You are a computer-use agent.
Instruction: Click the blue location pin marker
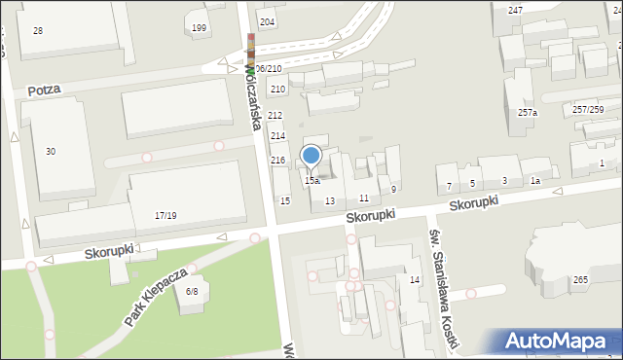click(311, 155)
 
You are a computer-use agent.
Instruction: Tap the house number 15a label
click(311, 181)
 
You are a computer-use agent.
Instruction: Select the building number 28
click(38, 31)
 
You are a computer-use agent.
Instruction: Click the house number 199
click(200, 27)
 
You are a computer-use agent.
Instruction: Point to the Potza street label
click(44, 90)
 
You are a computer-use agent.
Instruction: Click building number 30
click(51, 151)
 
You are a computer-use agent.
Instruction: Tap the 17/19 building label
click(165, 215)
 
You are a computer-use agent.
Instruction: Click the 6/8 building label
click(192, 291)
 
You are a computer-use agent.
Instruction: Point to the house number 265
click(581, 280)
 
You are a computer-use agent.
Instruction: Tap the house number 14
click(414, 280)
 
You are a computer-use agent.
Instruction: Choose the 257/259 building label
click(587, 109)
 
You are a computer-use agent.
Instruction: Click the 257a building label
click(528, 113)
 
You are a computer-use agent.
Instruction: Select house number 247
click(515, 10)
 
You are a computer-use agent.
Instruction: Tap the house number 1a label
click(534, 181)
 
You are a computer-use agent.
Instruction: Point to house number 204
click(267, 21)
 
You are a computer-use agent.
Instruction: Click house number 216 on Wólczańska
click(277, 160)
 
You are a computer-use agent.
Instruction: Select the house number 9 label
click(393, 189)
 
